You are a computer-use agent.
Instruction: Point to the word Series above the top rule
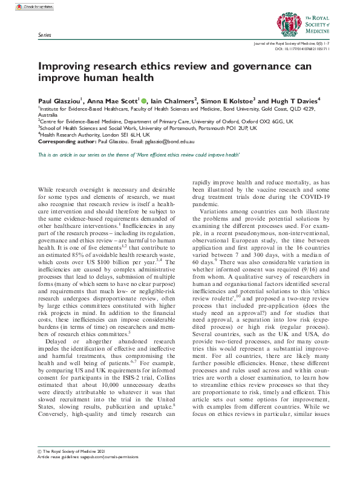click(x=44, y=36)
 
